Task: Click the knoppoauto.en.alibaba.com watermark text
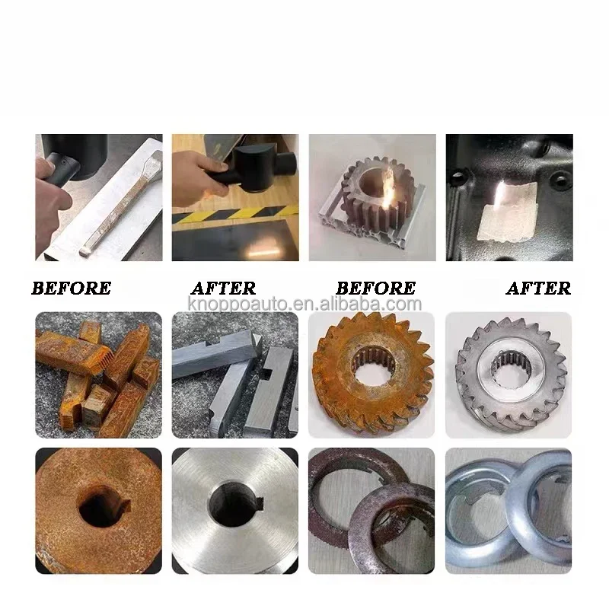pos(304,304)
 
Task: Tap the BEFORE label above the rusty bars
pos(72,289)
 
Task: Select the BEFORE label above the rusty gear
pos(375,289)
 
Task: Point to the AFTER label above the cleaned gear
pos(538,289)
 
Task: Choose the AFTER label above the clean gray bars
pos(223,289)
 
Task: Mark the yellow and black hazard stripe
pos(235,215)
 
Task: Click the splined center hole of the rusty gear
pos(374,364)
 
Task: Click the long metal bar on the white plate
pos(121,203)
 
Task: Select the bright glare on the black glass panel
pos(263,249)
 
